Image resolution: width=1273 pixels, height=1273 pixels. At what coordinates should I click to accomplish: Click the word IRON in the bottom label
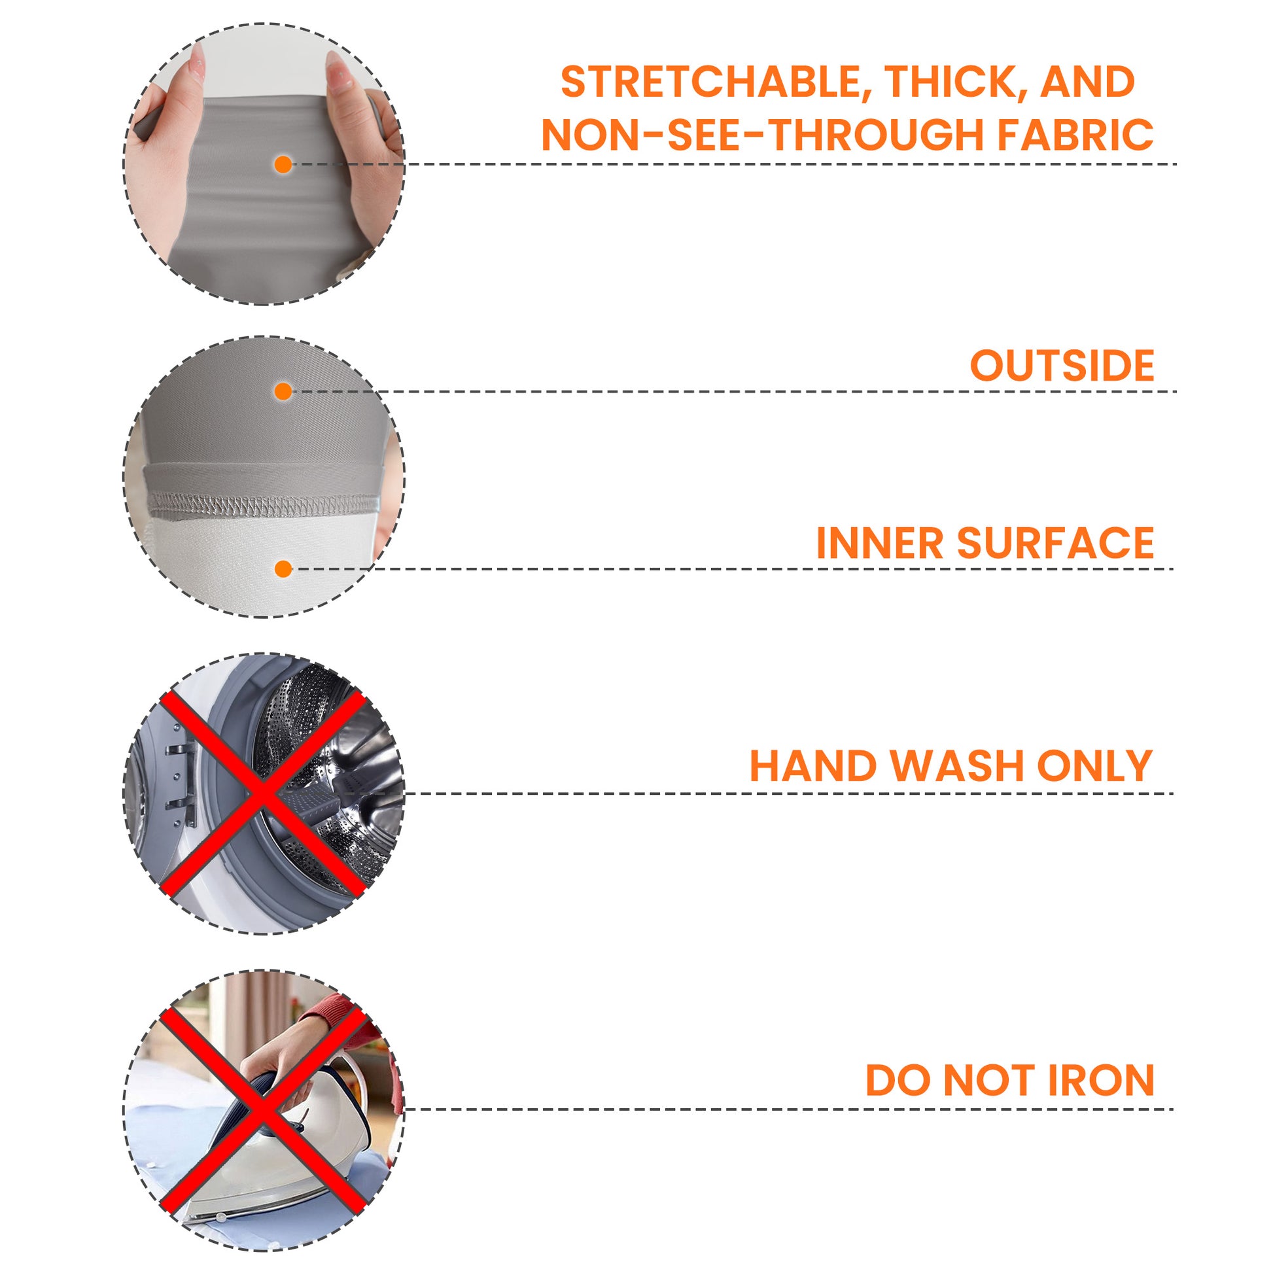tap(1100, 1081)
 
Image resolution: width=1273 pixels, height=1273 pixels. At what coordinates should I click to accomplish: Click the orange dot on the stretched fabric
tap(283, 164)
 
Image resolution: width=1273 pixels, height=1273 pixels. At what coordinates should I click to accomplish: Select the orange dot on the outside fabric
tap(283, 392)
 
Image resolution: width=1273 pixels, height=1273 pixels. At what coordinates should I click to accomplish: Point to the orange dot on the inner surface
tap(283, 568)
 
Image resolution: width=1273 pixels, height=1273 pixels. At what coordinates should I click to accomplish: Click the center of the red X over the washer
tap(263, 794)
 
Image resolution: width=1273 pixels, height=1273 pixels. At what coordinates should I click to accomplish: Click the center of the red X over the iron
tap(263, 1109)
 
